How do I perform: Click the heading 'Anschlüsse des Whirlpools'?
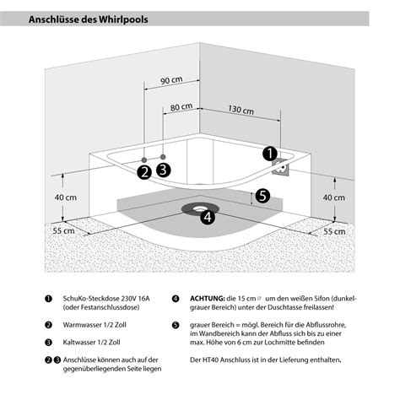click(x=88, y=19)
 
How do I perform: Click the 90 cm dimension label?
click(x=171, y=80)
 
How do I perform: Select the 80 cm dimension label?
click(x=181, y=107)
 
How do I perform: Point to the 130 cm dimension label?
click(x=241, y=110)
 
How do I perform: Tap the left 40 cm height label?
click(x=66, y=197)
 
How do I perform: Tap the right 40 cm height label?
click(x=333, y=197)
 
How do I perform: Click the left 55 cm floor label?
click(x=64, y=231)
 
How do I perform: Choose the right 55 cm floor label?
click(x=334, y=231)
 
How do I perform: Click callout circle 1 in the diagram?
click(x=270, y=154)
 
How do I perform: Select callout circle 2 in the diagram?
click(x=144, y=172)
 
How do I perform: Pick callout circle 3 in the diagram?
click(x=164, y=170)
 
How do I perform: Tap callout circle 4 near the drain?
click(x=208, y=217)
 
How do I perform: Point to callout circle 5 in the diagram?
click(x=262, y=196)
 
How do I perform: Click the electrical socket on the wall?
click(x=280, y=168)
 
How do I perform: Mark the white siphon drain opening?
click(x=200, y=208)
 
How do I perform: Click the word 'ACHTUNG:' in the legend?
click(x=208, y=299)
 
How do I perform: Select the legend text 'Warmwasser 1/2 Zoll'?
click(x=95, y=325)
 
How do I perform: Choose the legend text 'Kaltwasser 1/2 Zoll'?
click(x=91, y=343)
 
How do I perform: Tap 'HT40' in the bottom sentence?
click(x=211, y=359)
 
